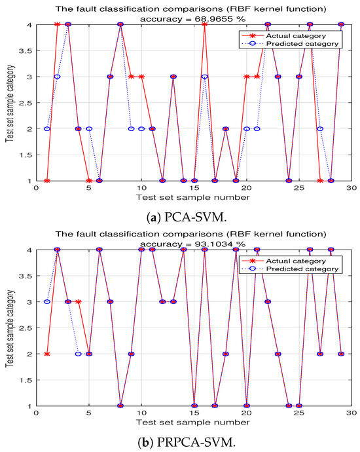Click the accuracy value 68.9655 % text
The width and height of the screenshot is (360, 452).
(194, 19)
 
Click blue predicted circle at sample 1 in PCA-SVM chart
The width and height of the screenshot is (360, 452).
(47, 128)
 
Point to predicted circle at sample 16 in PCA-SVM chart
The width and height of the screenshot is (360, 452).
(205, 77)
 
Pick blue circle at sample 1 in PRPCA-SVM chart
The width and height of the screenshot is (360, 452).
(47, 301)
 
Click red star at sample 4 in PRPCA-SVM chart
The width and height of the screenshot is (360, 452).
(79, 301)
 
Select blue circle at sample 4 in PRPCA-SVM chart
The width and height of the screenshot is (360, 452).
(79, 354)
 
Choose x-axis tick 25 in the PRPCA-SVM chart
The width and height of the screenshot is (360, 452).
(299, 414)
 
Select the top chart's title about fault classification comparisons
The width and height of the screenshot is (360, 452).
(194, 9)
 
